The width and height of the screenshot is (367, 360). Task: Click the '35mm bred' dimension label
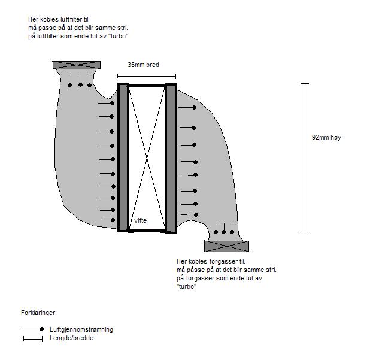click(143, 65)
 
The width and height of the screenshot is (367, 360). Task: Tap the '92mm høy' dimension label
click(326, 137)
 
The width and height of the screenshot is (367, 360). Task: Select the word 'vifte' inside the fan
click(141, 220)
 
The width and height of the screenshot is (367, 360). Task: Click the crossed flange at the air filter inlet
click(77, 65)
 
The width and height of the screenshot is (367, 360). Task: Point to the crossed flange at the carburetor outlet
click(226, 246)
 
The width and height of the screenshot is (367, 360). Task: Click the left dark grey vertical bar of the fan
click(123, 157)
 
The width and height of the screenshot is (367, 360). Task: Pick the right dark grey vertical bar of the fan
click(171, 158)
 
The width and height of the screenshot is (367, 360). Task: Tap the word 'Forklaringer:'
click(39, 313)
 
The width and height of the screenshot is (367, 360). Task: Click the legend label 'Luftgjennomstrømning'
click(81, 330)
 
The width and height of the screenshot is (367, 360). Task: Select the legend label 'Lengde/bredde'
click(72, 338)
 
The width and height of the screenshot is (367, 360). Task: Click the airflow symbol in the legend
click(34, 329)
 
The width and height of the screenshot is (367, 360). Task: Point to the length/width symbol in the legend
click(33, 339)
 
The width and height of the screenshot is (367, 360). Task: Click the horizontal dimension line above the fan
click(147, 76)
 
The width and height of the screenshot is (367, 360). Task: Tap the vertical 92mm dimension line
click(305, 158)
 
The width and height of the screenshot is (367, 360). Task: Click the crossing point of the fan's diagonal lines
click(147, 158)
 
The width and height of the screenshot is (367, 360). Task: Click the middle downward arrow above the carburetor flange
click(224, 229)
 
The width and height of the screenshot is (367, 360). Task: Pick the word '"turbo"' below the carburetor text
click(187, 286)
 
